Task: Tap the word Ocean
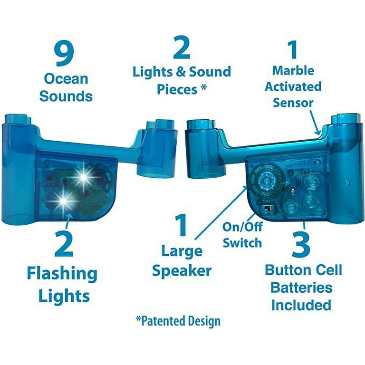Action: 66,79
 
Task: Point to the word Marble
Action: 293,70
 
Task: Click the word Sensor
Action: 293,103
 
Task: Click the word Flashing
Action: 62,274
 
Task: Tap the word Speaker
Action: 182,271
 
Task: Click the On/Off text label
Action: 242,227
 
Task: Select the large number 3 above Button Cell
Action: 301,246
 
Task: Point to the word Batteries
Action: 301,288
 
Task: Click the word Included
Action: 301,305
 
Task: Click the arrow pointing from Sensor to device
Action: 315,122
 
